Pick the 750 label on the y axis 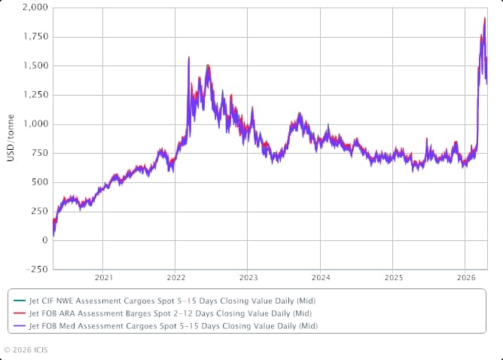tap(40, 153)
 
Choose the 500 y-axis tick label tap(40, 182)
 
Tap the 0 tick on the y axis tap(46, 240)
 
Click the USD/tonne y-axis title tap(11, 139)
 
